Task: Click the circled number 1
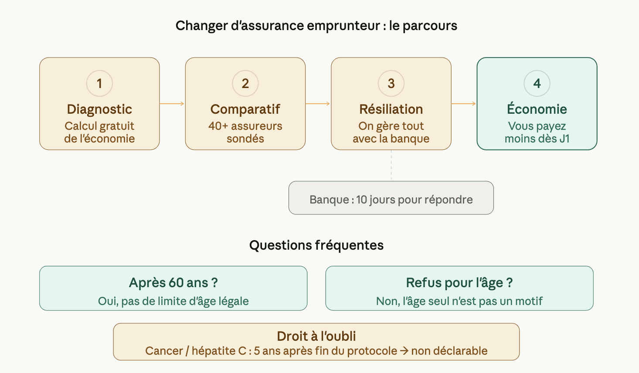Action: (x=99, y=83)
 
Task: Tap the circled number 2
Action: (x=245, y=83)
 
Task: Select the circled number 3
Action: (x=391, y=83)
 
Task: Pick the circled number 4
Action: (x=537, y=83)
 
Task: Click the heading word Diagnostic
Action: (x=99, y=109)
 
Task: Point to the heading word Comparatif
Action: (x=245, y=109)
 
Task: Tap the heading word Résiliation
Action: (x=391, y=109)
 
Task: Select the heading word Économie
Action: (x=537, y=109)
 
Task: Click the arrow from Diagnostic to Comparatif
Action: (x=172, y=104)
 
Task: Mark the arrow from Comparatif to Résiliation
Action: (x=318, y=104)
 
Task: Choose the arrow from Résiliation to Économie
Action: (x=464, y=104)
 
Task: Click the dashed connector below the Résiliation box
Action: (x=391, y=166)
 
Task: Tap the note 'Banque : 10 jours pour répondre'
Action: (x=391, y=200)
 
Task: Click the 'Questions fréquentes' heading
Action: (x=316, y=245)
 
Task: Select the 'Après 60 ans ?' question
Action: (x=173, y=283)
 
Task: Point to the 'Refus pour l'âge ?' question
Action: (x=459, y=283)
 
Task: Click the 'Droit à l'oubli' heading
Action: (x=316, y=336)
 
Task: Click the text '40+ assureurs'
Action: (x=245, y=126)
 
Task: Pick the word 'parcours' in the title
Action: (x=430, y=26)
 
